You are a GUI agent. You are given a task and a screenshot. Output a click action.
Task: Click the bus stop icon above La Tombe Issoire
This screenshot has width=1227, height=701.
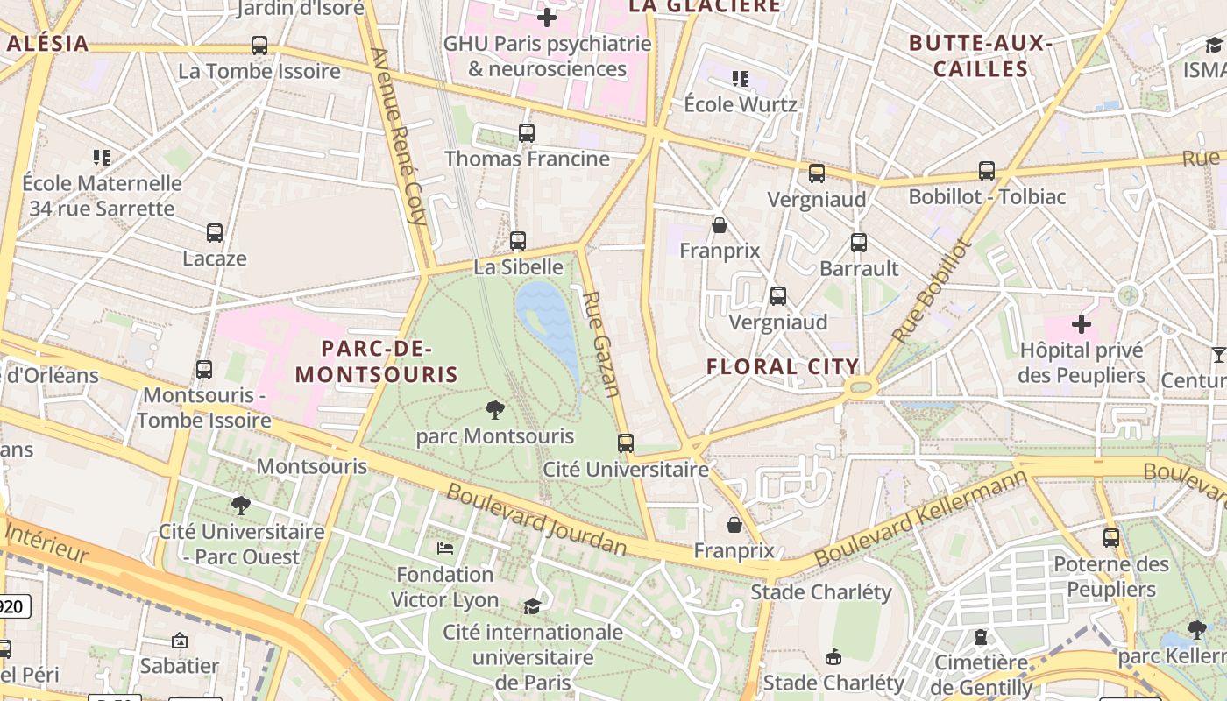pyautogui.click(x=259, y=46)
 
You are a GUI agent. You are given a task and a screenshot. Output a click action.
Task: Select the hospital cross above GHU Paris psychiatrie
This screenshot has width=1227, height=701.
pyautogui.click(x=547, y=18)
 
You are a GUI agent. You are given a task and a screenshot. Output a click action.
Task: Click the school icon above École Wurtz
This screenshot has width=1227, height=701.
pyautogui.click(x=741, y=79)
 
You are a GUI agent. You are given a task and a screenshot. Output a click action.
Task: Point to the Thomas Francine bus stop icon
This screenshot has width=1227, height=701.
pyautogui.click(x=526, y=133)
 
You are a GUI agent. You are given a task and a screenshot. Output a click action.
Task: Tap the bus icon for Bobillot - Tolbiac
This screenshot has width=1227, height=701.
pyautogui.click(x=987, y=171)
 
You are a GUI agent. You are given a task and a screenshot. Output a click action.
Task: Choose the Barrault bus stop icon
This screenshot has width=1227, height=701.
pyautogui.click(x=859, y=243)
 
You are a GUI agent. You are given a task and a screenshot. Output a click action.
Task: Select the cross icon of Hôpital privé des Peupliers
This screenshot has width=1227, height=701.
pyautogui.click(x=1082, y=324)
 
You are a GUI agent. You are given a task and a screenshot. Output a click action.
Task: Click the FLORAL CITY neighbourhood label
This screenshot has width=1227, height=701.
pyautogui.click(x=783, y=367)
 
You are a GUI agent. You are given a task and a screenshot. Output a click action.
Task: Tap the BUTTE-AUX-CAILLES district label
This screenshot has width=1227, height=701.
pyautogui.click(x=980, y=56)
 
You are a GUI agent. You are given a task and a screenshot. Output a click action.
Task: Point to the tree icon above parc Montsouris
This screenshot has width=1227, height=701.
pyautogui.click(x=495, y=410)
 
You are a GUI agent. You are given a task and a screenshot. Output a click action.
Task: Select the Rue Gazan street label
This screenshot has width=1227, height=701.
pyautogui.click(x=603, y=343)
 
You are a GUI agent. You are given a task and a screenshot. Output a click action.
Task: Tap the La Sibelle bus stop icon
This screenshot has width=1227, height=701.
pyautogui.click(x=518, y=241)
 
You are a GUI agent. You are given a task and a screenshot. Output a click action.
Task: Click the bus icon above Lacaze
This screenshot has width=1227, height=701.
pyautogui.click(x=215, y=233)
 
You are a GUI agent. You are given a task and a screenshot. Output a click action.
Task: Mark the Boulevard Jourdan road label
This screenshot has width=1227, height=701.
pyautogui.click(x=536, y=519)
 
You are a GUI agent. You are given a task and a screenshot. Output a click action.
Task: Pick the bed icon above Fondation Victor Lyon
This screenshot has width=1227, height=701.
pyautogui.click(x=445, y=549)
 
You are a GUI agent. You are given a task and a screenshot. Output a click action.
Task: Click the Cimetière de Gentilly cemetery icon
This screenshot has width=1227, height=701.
pyautogui.click(x=980, y=637)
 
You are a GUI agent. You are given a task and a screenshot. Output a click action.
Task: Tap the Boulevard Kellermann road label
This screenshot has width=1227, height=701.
pyautogui.click(x=920, y=517)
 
